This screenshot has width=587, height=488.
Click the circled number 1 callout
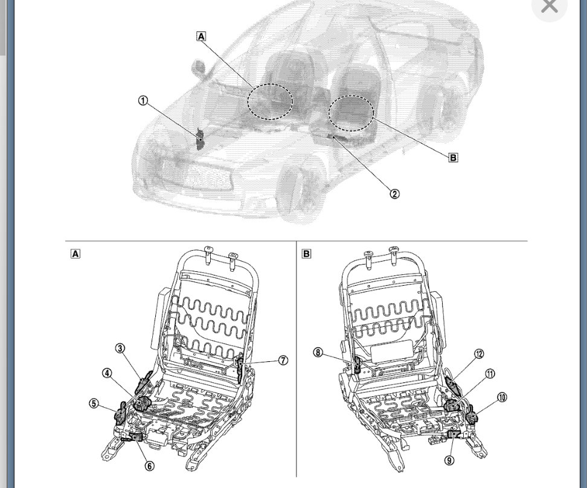point(143,101)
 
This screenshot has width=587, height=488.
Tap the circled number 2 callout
point(394,194)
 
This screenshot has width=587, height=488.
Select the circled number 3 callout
point(120,348)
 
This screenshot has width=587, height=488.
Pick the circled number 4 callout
point(107,373)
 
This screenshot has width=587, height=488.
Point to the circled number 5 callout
point(94,403)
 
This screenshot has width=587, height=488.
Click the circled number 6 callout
point(149,466)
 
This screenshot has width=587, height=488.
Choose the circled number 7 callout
point(283,361)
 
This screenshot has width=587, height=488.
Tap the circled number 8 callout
point(318,353)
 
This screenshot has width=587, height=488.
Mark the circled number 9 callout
point(449,460)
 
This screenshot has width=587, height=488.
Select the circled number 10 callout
point(502,397)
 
